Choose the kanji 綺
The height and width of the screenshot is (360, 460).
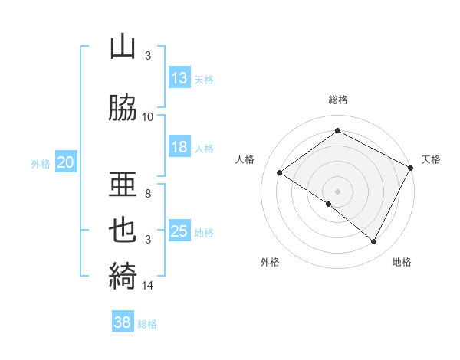[x=123, y=273]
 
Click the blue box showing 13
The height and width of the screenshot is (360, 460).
[x=179, y=78]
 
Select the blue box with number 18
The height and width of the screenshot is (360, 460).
[x=179, y=147]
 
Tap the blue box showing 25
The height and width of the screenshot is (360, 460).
[x=179, y=231]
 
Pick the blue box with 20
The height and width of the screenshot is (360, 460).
[x=66, y=162]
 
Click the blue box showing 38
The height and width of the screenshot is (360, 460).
[x=123, y=322]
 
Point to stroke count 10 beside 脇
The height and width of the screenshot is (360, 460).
[x=148, y=117]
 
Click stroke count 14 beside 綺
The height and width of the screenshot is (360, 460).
[x=148, y=286]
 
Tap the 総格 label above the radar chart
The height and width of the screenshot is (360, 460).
[x=338, y=100]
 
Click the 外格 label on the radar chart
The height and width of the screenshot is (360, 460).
[x=270, y=262]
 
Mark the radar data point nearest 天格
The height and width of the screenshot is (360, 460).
[x=411, y=168]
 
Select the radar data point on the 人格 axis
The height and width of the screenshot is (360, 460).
[x=280, y=172]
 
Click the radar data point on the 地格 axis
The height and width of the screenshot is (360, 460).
[x=374, y=242]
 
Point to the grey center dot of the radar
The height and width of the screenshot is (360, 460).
[x=337, y=191]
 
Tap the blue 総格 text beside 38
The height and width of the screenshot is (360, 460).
[x=147, y=324]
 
